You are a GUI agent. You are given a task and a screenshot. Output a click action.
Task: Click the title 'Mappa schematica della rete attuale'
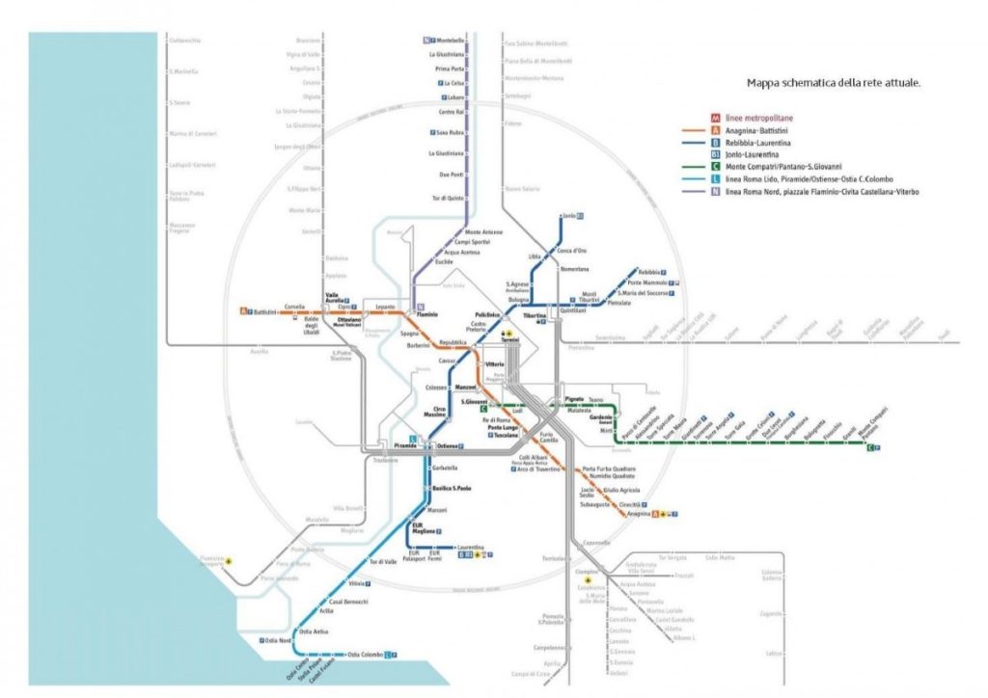834,83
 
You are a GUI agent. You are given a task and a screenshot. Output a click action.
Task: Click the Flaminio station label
427,313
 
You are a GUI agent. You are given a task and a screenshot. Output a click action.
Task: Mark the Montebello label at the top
451,40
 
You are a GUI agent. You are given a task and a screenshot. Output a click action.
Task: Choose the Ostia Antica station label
316,631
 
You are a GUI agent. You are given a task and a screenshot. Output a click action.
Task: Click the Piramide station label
406,446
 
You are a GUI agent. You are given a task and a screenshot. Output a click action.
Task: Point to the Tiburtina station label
535,315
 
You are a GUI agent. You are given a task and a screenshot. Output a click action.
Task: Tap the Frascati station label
684,576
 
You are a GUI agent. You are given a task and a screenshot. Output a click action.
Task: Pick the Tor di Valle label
383,562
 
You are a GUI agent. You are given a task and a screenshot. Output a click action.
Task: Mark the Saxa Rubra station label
452,133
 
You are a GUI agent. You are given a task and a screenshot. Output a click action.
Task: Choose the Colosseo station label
436,388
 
